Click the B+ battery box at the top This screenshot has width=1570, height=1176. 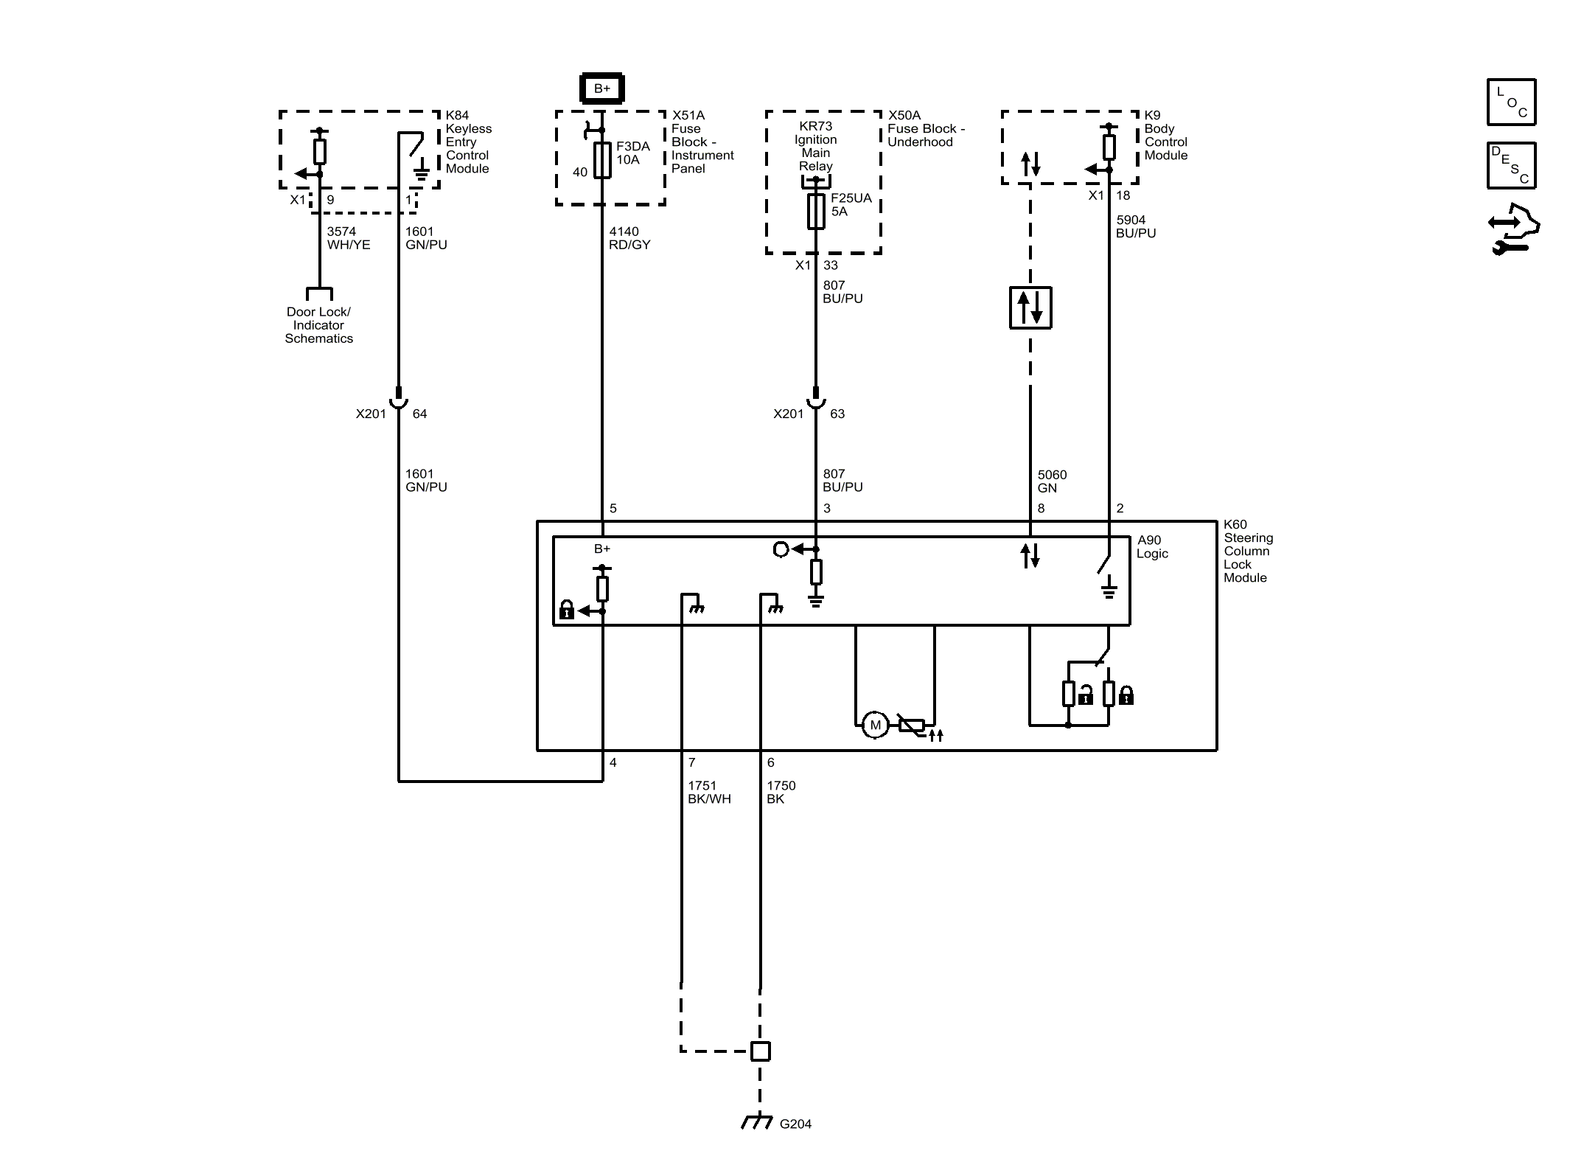[602, 88]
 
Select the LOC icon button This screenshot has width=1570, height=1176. [1511, 102]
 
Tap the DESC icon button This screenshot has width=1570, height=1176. [1511, 165]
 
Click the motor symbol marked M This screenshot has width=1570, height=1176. [875, 725]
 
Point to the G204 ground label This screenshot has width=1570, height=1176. [795, 1124]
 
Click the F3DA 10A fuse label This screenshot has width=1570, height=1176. [633, 153]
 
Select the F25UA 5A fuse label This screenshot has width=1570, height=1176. [851, 205]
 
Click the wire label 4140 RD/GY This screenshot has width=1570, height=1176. [629, 238]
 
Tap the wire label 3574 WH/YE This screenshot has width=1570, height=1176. [349, 238]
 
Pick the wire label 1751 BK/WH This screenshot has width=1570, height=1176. [709, 793]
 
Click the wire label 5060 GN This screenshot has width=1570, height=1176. [1052, 481]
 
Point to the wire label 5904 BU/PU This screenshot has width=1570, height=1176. [1136, 226]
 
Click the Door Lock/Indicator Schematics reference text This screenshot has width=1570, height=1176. [318, 325]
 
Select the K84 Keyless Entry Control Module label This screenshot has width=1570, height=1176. [468, 142]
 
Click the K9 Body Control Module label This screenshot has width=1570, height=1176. [1165, 135]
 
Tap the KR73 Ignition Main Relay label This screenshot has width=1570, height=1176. [815, 146]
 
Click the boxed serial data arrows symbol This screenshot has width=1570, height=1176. [1030, 307]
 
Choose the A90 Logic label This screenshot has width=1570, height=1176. [1152, 547]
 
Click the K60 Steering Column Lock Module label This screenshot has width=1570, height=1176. [1248, 551]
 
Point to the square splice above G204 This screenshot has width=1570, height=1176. [760, 1051]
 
